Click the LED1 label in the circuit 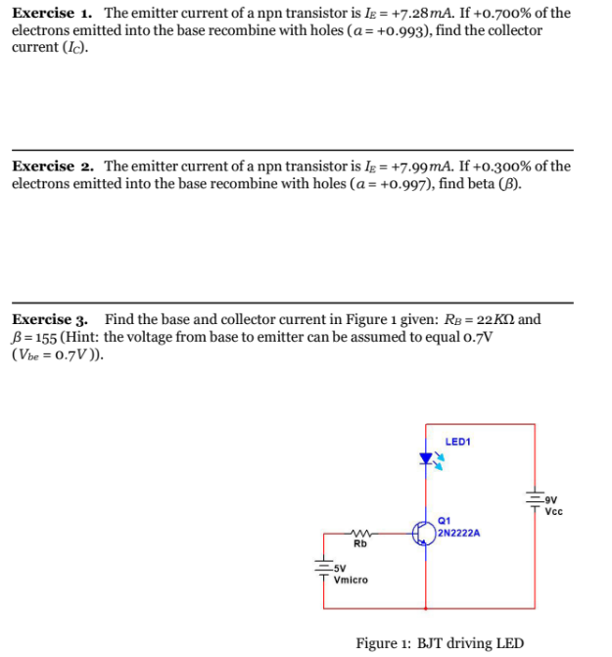457,442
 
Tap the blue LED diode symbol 427,456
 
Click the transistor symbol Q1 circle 424,532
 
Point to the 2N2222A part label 458,534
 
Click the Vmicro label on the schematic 351,580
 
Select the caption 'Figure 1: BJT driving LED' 440,643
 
